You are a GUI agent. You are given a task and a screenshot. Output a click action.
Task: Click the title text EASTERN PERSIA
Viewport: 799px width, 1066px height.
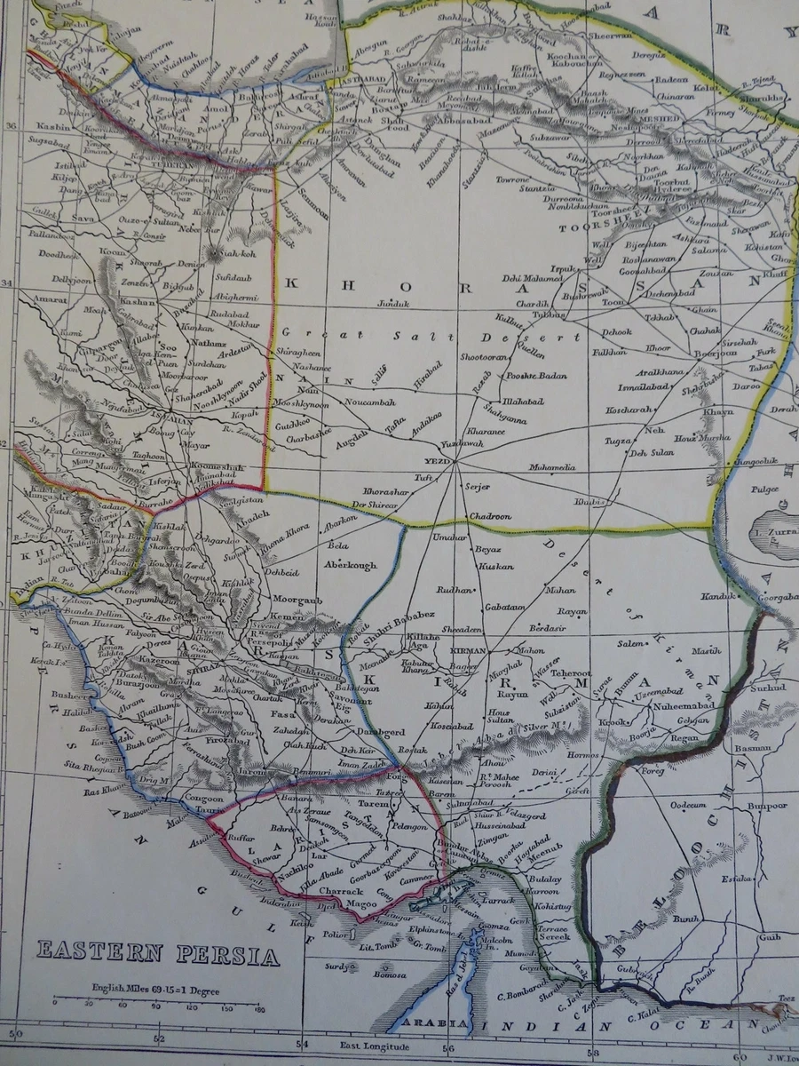[x=157, y=954]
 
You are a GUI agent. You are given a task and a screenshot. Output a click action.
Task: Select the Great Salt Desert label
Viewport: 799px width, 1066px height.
[x=431, y=335]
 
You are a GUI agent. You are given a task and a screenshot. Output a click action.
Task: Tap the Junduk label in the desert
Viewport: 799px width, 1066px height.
[x=395, y=304]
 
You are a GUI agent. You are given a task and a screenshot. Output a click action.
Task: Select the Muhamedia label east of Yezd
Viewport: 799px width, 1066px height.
[x=552, y=467]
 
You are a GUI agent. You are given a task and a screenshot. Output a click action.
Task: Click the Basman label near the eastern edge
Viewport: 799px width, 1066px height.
[x=754, y=748]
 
